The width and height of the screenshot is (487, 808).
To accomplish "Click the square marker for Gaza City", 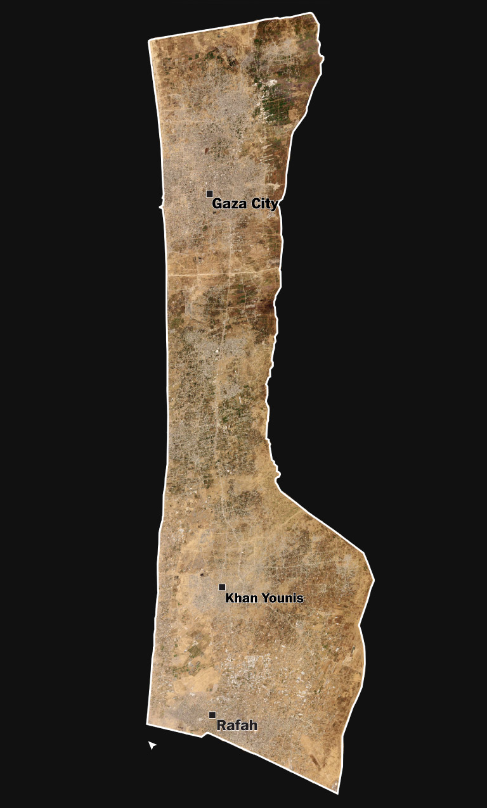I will point(209,194).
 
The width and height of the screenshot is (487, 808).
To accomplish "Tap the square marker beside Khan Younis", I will point(222,587).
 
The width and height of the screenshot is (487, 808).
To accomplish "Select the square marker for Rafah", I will point(212,715).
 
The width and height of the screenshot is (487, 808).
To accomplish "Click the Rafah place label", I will point(237,726).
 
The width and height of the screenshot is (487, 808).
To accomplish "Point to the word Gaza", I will point(226,204).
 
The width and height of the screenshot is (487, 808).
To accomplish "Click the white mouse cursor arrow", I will point(152,745).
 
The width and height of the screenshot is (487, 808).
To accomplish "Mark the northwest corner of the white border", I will point(149,41).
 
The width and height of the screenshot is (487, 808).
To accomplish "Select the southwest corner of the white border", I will point(147,723).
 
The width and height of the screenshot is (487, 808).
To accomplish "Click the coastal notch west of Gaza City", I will point(161,205).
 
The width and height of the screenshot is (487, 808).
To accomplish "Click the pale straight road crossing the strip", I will point(222,274).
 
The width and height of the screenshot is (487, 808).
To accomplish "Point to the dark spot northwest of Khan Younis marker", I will point(203,574).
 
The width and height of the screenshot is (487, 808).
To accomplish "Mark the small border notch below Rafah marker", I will point(203,736).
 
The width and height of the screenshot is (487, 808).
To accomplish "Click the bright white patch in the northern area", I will point(273,82).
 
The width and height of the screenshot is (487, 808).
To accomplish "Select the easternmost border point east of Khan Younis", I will point(373,579).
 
